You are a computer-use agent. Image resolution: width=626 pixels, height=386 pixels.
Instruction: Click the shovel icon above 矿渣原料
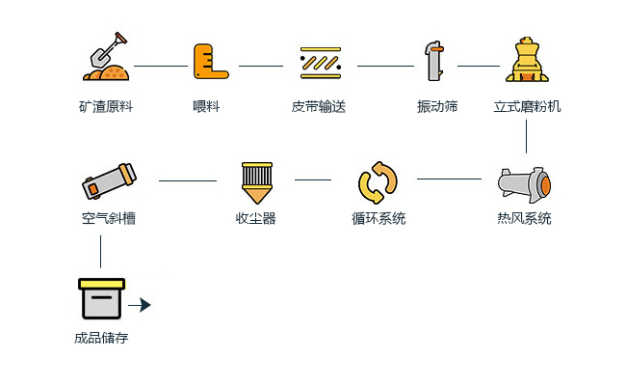point(106,59)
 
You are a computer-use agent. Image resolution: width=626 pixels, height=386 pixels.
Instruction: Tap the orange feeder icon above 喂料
point(209,61)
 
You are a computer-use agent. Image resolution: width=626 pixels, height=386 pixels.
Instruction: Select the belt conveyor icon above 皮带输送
point(321,62)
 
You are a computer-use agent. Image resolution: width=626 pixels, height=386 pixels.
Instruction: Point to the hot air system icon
point(524,181)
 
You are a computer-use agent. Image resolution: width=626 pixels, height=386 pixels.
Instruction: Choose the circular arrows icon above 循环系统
point(378,180)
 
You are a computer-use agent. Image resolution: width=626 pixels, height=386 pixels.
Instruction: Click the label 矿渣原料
point(106,106)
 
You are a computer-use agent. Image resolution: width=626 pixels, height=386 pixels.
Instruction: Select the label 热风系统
point(525,219)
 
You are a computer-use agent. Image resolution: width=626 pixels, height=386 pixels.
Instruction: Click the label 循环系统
point(378,219)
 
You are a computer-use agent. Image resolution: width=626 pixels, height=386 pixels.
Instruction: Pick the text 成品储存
point(101,339)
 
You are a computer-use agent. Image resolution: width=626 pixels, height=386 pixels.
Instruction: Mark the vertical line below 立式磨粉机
point(526,136)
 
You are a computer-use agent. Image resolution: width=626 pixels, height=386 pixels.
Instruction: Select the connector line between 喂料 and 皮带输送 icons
point(261,66)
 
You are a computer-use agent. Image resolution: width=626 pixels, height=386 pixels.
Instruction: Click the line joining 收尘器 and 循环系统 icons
point(313,179)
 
